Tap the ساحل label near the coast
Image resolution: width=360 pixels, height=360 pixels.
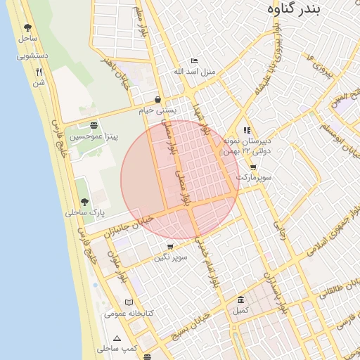[x=28, y=39]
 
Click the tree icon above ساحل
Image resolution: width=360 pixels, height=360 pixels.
[x=27, y=28]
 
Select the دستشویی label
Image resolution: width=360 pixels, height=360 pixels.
[x=32, y=55]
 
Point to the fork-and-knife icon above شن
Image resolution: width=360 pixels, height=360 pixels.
[x=39, y=72]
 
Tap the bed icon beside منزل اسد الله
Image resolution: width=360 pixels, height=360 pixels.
[x=195, y=61]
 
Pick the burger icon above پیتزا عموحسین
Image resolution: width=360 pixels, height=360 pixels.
[x=94, y=125]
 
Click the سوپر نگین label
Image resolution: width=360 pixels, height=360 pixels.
[x=171, y=258]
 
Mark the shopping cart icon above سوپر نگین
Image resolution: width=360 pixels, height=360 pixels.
[x=170, y=247]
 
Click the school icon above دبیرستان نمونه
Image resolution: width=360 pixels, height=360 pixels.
[x=247, y=130]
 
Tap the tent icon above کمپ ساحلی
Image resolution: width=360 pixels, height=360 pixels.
[x=117, y=338]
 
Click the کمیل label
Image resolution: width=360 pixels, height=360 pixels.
[x=241, y=310]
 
